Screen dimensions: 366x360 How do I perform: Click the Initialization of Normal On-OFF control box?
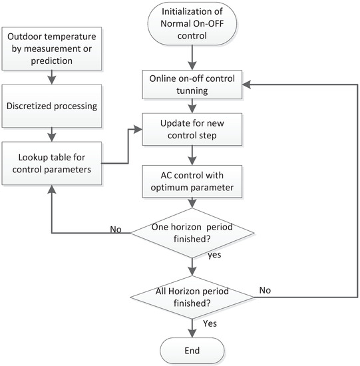[x=192, y=24]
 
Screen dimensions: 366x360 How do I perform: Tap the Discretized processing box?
[x=51, y=105]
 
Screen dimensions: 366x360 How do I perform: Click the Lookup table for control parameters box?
[x=51, y=164]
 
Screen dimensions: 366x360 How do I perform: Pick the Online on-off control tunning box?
[x=192, y=85]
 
